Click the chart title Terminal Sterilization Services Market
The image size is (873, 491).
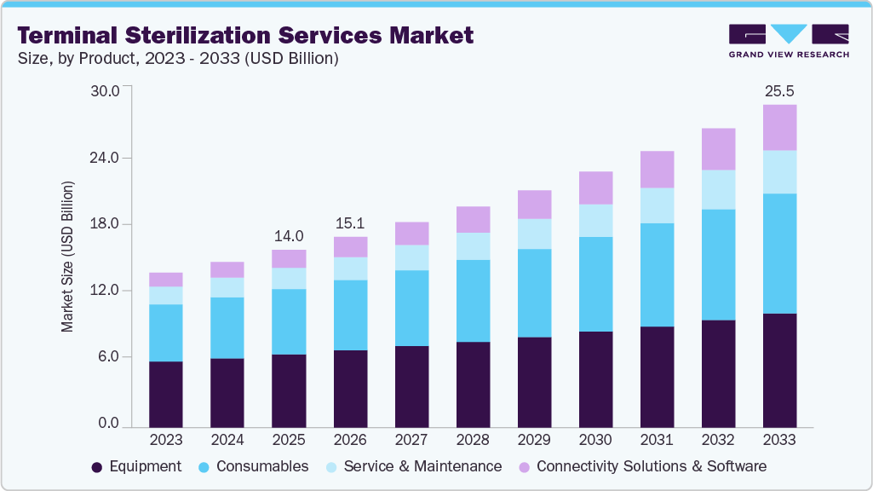click(245, 36)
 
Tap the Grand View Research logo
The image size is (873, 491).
click(788, 41)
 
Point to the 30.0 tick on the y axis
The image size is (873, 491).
click(106, 90)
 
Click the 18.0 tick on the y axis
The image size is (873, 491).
click(106, 224)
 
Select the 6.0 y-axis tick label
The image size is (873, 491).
click(110, 357)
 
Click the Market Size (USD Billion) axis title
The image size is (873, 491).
click(67, 257)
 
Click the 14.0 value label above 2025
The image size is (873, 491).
click(289, 235)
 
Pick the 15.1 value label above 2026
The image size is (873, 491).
click(350, 222)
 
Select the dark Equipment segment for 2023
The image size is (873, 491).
click(166, 394)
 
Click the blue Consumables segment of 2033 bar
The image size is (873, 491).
click(779, 253)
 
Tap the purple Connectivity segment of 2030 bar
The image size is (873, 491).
click(595, 188)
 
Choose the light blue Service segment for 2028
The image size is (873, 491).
click(473, 246)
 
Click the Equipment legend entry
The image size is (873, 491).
click(136, 466)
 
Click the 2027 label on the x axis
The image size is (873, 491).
click(411, 440)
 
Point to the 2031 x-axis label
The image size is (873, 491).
click(657, 440)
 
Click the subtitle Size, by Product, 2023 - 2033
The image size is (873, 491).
click(178, 59)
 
